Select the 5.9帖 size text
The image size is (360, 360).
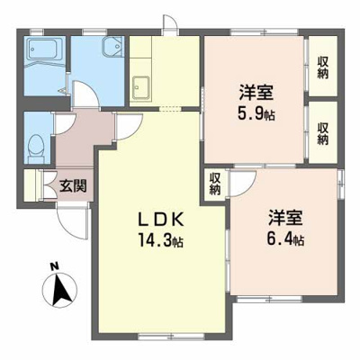(256, 113)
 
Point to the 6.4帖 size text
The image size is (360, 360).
(286, 240)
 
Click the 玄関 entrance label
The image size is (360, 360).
(73, 188)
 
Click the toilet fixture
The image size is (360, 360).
(36, 143)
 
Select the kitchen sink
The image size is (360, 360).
(142, 88)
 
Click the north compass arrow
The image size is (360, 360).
(57, 290)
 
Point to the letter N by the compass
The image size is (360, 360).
(54, 266)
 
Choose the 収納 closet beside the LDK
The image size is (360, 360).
(215, 184)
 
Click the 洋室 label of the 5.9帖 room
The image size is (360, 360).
(256, 93)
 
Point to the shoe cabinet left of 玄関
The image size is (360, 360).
(36, 186)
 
